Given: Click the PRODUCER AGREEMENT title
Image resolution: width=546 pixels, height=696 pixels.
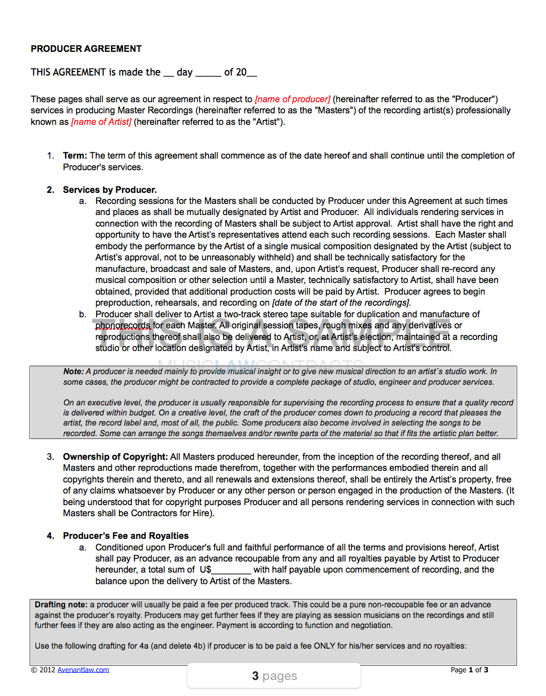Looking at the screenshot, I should (86, 49).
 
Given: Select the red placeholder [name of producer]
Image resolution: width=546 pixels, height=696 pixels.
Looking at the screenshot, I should (293, 99).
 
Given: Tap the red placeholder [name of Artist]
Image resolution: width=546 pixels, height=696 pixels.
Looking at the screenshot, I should (101, 122).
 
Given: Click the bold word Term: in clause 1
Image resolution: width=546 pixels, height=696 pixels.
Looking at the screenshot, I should (75, 156).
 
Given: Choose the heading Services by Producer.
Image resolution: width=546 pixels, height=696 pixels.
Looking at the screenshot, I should (110, 190).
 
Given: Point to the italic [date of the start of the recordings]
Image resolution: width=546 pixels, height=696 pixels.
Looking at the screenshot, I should (342, 303).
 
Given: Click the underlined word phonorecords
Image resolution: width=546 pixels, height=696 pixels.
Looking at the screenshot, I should (123, 325).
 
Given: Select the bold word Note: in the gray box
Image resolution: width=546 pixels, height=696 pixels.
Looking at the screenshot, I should (74, 371).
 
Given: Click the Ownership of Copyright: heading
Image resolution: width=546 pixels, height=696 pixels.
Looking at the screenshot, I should (115, 457).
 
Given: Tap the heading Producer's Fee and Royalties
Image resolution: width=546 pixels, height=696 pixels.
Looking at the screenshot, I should (126, 536).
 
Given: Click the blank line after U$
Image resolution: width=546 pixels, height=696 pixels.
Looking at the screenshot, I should (231, 570).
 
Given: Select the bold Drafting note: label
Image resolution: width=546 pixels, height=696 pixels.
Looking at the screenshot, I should (61, 604).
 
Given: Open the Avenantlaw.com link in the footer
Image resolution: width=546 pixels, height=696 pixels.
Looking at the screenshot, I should (83, 670).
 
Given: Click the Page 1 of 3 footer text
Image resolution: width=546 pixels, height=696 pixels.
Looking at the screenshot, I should (469, 670).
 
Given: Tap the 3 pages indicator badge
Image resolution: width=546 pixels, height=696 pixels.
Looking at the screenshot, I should (275, 676).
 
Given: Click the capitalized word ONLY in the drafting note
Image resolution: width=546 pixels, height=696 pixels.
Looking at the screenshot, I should (324, 646).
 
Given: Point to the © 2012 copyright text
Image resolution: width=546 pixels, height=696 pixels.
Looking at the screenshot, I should (43, 670).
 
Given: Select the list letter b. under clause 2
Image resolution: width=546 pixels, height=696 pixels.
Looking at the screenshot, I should (83, 314).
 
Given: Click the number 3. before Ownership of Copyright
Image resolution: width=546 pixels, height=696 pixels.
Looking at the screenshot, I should (50, 457).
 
